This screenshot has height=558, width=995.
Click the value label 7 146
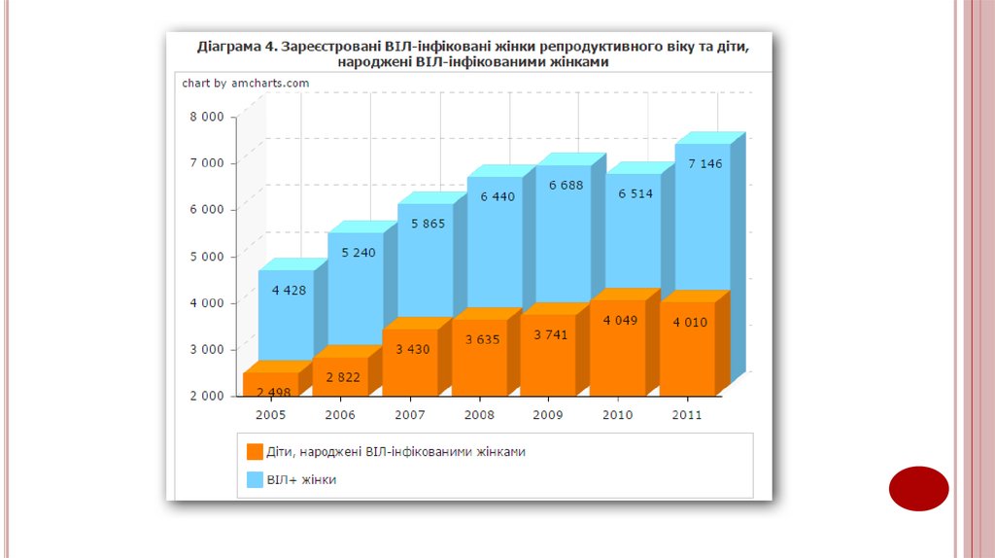(x=704, y=163)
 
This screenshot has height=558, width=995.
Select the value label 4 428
(x=290, y=290)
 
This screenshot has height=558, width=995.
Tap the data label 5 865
(x=428, y=224)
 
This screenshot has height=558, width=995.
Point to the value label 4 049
(x=620, y=320)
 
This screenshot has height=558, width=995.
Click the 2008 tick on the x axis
(x=478, y=415)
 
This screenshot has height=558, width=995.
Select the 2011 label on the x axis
(x=687, y=415)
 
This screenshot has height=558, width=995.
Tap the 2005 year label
(x=270, y=415)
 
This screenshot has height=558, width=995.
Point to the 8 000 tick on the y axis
(x=206, y=117)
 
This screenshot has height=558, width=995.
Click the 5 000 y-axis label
(x=206, y=257)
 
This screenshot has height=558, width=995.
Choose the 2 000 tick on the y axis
(x=206, y=396)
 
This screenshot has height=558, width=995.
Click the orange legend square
(x=255, y=452)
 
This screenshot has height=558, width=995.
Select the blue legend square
(x=255, y=479)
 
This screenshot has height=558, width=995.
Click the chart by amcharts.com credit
(x=246, y=84)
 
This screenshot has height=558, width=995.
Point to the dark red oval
(x=918, y=488)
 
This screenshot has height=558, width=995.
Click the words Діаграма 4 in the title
(x=237, y=45)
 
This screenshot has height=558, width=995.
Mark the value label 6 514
(x=635, y=193)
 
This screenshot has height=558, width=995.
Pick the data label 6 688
(x=566, y=185)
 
